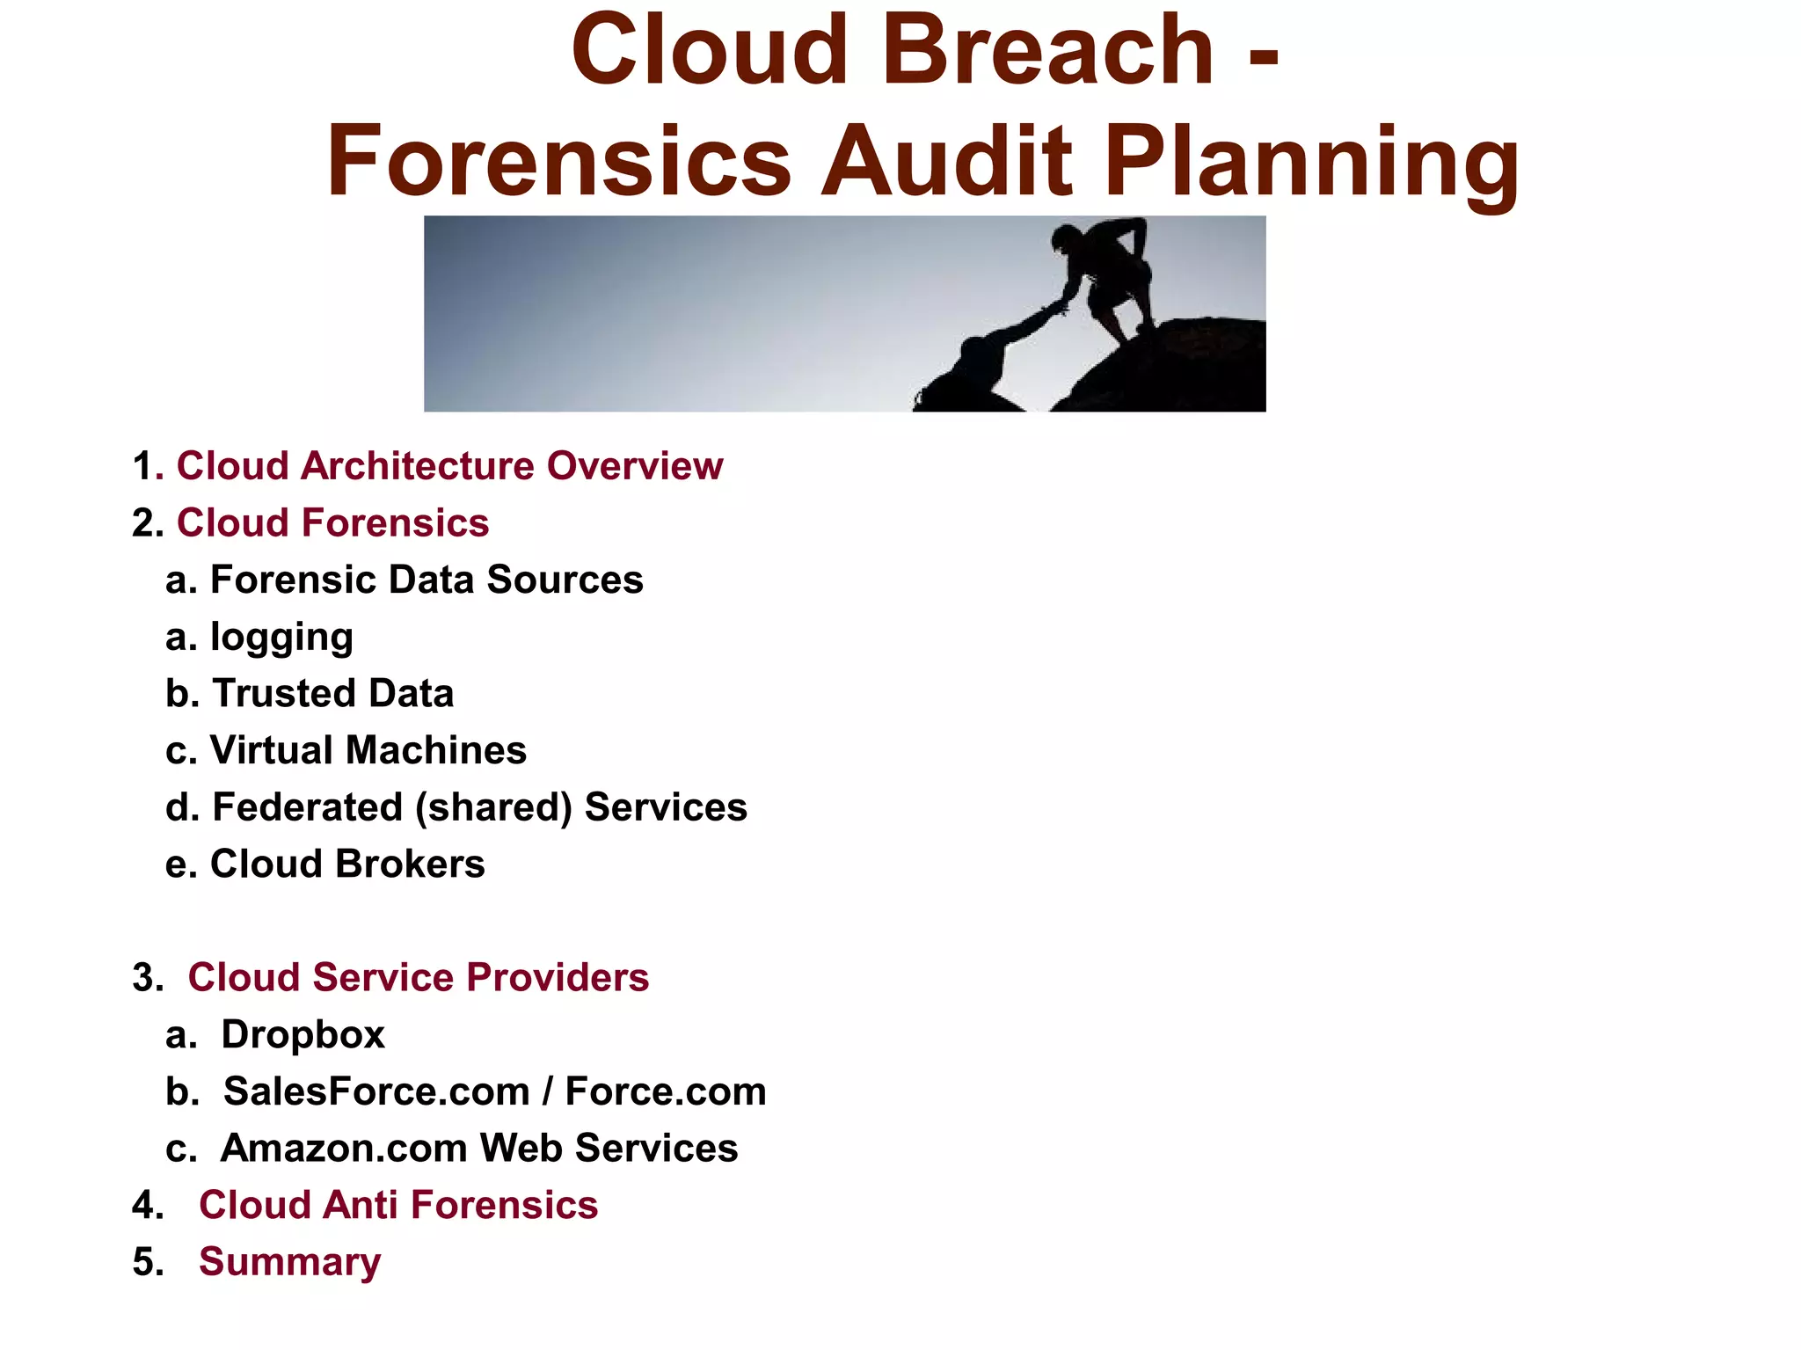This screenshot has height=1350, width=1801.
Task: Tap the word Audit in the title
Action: point(946,162)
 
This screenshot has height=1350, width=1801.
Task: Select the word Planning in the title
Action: point(1311,162)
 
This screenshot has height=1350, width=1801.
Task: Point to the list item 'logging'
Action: point(281,637)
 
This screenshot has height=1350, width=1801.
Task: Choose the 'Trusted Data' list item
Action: point(332,693)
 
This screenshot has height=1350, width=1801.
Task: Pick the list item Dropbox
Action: point(303,1034)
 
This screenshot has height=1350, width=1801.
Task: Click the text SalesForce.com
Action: point(376,1091)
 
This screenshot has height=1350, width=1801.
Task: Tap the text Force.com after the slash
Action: point(665,1091)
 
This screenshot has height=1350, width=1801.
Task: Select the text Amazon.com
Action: point(343,1148)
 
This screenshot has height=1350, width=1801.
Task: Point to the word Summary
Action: point(290,1262)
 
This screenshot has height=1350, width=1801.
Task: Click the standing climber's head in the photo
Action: point(1066,238)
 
